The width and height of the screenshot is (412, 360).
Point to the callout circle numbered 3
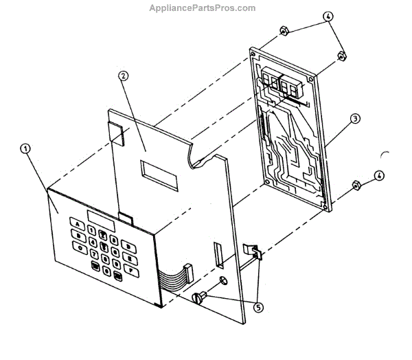355,119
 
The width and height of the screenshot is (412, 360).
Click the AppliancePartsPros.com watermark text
203,8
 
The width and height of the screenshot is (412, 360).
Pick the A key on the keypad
78,225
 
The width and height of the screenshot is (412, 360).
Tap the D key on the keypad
127,245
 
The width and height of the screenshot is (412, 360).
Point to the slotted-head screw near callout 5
201,298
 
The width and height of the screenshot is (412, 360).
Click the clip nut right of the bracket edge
255,253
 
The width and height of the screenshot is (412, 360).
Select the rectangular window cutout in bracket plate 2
159,174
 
